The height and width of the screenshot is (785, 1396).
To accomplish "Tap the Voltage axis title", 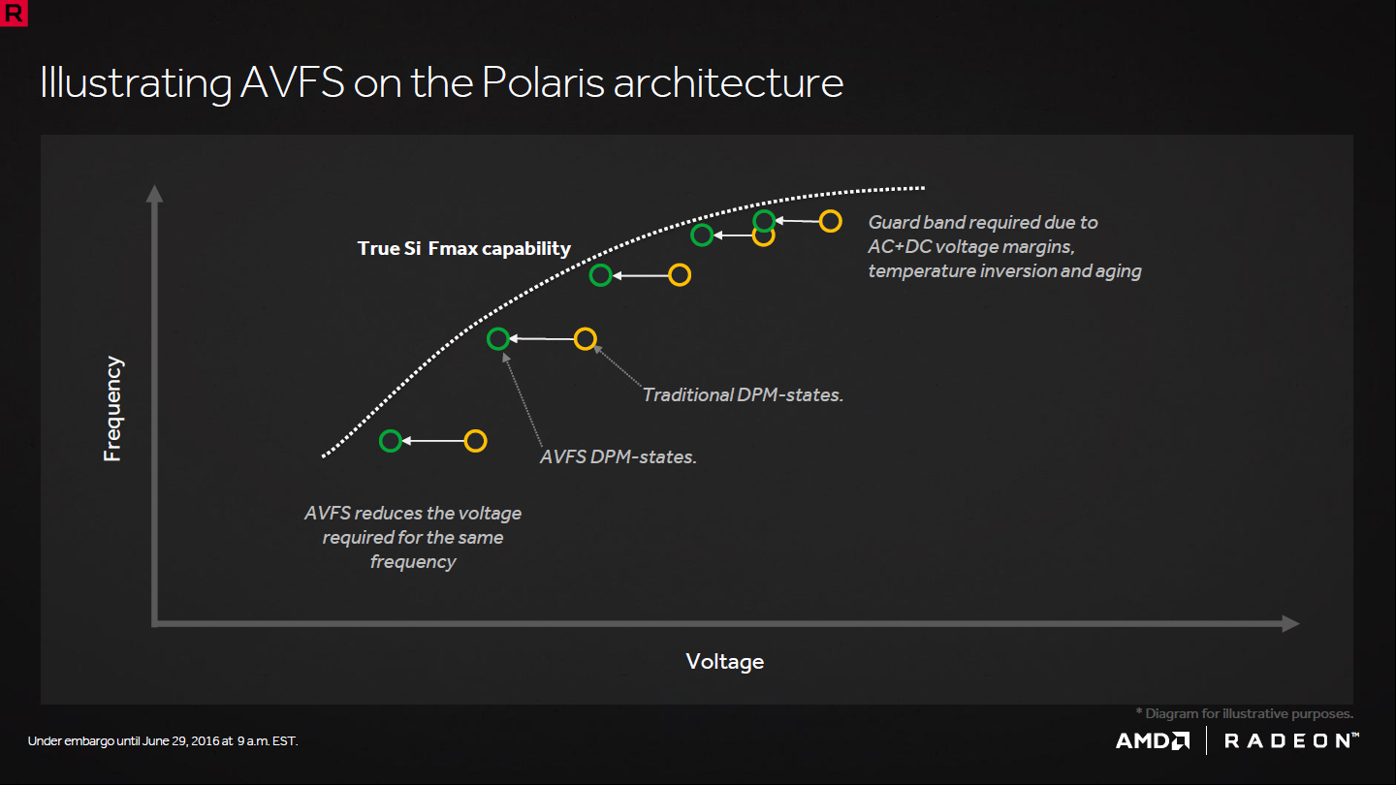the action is coord(725,661).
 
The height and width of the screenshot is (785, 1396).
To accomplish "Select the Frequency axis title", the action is coord(112,409).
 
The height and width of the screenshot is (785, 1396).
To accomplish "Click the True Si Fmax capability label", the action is coord(463,248).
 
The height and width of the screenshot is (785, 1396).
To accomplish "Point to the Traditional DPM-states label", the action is coord(743,395).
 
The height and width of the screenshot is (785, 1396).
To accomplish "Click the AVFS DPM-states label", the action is coord(619,456).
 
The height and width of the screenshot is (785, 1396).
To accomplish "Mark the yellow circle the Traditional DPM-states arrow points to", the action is coord(586,328).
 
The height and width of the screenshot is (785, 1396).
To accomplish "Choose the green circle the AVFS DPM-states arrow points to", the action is coord(498,328).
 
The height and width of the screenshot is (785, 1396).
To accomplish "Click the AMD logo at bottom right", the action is coord(1153,740).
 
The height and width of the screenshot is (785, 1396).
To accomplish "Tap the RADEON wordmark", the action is coord(1291,740).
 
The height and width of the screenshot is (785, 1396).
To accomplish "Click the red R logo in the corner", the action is coord(14,13).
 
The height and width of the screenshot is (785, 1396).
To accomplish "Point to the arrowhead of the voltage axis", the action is coord(1290,624).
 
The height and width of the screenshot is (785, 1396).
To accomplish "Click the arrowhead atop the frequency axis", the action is coord(154,194).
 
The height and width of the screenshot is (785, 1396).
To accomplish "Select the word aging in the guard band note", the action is coord(1119,271).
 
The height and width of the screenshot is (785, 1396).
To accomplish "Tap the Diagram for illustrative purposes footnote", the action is coord(1245,713).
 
